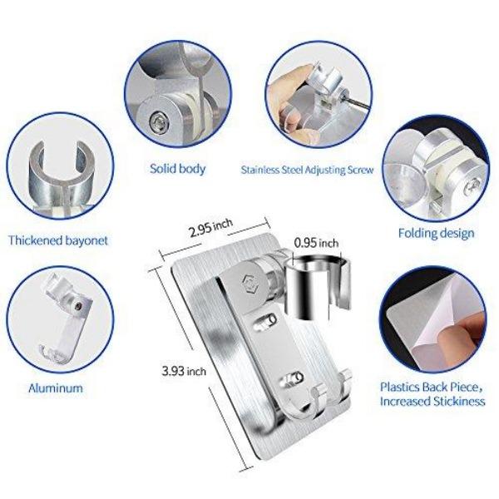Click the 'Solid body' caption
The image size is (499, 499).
tap(178, 169)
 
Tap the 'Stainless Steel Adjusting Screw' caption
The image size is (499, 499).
tap(307, 170)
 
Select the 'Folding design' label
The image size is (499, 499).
tap(437, 233)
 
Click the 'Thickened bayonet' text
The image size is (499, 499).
tap(58, 240)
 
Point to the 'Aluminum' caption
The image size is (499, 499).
tap(56, 388)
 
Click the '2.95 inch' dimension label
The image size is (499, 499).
tap(211, 227)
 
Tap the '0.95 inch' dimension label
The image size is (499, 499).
tap(316, 243)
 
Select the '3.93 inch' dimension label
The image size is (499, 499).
tap(184, 371)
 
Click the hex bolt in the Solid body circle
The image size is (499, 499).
tap(158, 121)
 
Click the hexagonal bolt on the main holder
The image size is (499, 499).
tap(249, 281)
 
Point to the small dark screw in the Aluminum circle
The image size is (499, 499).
tap(77, 306)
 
